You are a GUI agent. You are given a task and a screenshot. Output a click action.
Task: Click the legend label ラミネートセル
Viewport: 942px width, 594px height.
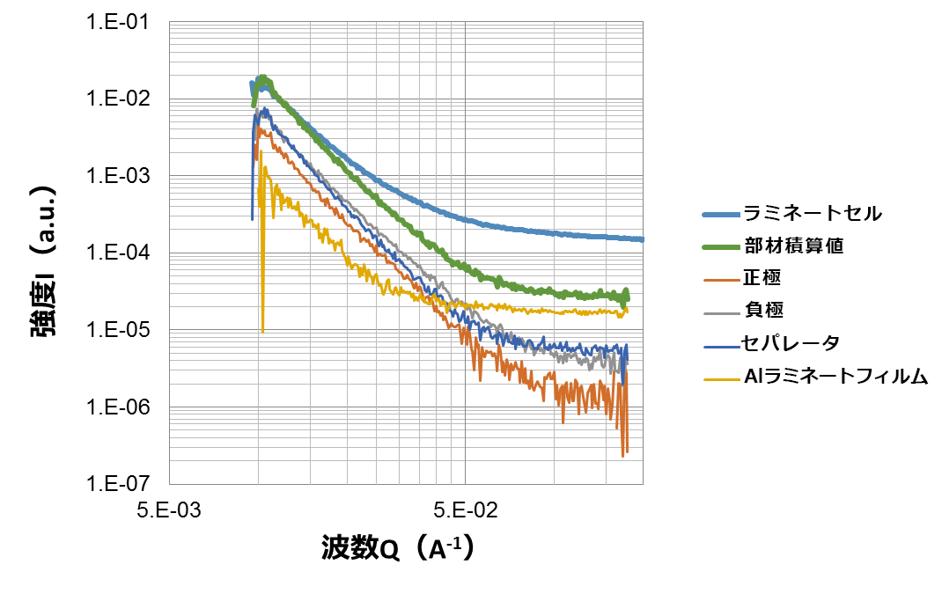[x=813, y=213]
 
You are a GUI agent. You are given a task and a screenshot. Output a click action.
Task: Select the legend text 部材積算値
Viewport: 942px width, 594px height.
[x=793, y=246]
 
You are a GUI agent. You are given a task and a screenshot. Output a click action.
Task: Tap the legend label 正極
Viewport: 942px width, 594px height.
[x=762, y=278]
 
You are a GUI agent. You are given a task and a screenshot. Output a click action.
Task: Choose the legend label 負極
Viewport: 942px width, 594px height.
[x=763, y=310]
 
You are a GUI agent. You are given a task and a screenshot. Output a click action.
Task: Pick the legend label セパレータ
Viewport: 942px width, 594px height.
[x=791, y=343]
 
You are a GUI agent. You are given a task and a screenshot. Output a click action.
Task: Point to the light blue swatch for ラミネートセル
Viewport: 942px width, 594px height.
[x=721, y=214]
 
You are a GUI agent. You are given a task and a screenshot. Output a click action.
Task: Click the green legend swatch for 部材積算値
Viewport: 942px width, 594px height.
[x=721, y=247]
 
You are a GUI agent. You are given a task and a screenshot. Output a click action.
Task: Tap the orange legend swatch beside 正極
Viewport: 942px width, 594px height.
[x=721, y=280]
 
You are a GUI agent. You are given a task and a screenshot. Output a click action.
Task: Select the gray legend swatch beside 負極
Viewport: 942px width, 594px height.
[x=721, y=312]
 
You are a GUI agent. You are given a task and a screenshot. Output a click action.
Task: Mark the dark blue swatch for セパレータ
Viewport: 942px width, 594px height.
[x=721, y=345]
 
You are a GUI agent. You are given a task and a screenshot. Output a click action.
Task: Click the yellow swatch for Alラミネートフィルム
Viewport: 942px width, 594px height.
[x=721, y=378]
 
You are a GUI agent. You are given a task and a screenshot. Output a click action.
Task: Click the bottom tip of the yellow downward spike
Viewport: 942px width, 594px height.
[x=262, y=331]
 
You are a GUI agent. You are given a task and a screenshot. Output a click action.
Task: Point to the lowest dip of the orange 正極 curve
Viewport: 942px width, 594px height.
[x=623, y=456]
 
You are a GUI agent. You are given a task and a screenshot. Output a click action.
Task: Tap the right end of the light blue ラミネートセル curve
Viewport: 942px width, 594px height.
[x=642, y=239]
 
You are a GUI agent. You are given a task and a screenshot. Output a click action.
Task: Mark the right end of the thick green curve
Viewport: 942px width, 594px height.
[x=628, y=293]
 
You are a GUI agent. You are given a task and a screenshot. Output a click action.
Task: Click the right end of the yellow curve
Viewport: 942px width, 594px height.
[x=626, y=309]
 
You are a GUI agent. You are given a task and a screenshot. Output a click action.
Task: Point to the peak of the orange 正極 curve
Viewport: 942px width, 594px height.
[x=259, y=128]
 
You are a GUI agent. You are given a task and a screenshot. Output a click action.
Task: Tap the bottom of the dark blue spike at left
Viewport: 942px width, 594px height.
[x=253, y=219]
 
